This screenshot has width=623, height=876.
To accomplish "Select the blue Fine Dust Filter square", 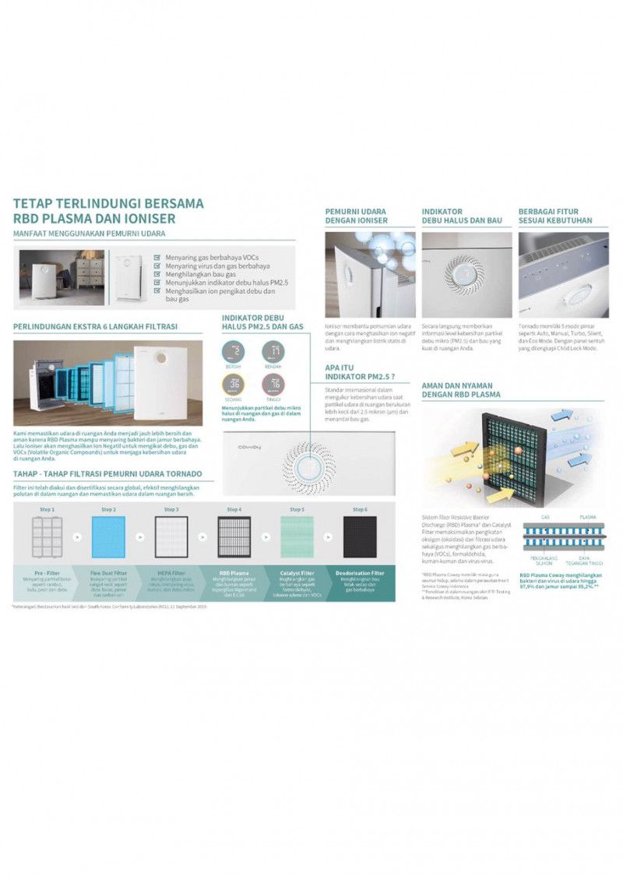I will pos(108,537).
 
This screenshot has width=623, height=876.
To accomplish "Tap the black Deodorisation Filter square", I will pos(360,537).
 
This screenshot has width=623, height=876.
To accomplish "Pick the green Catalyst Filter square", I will pos(297,537).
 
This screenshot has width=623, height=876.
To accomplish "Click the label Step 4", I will pos(234,509).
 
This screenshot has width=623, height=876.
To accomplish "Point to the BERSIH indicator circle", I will pos(234,353).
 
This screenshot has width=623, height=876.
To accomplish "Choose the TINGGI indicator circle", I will pos(273,384).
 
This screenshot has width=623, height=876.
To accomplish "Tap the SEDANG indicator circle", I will pos(234,384).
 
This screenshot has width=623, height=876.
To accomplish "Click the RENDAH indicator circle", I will pos(273,353).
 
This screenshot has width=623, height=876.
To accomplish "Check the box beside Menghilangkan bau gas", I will pos(158,273).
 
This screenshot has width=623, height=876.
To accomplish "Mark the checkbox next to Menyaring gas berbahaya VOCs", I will pos(158,256).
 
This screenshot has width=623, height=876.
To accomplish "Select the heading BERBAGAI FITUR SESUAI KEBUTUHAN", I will pos(554,216).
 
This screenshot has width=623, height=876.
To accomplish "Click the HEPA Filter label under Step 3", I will pos(171,573).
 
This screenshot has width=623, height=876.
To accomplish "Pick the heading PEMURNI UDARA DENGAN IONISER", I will pos(356,216).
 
